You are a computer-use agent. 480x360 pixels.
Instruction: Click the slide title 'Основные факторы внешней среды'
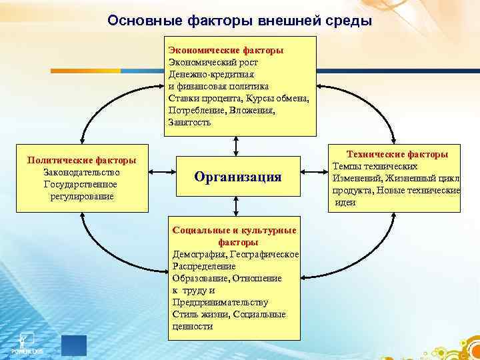(x=239, y=21)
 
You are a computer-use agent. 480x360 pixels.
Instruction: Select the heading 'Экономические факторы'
(x=226, y=50)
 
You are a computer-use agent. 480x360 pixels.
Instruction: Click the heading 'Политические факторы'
(x=81, y=160)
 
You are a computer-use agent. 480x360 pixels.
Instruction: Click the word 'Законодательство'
(x=81, y=172)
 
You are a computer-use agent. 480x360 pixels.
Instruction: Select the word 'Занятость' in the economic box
(x=190, y=122)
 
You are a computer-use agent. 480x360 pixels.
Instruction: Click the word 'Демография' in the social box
(x=198, y=254)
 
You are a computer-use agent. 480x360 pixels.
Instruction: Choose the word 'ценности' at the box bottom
(x=193, y=326)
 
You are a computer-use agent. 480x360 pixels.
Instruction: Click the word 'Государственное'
(x=81, y=184)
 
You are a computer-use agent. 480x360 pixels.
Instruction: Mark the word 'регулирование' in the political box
(x=81, y=196)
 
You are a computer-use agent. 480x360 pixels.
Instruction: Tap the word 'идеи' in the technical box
(x=345, y=202)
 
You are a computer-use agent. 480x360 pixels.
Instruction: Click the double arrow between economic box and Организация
(x=235, y=146)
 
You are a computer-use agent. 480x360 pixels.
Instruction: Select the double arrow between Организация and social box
(x=235, y=210)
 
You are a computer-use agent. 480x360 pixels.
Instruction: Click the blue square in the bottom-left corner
(x=73, y=345)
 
